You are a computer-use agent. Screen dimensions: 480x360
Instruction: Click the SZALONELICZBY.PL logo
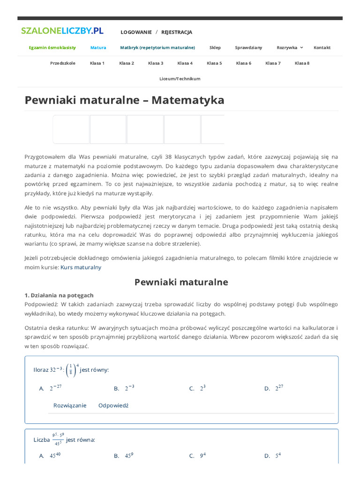tap(62, 31)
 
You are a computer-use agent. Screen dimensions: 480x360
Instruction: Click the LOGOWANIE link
tap(136, 32)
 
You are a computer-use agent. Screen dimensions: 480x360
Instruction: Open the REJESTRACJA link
tap(177, 32)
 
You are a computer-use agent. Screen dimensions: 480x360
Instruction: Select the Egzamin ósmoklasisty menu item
tap(52, 48)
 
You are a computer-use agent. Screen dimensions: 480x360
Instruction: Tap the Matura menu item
tap(98, 48)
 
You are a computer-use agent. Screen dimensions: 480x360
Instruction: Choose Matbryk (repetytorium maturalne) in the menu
tap(157, 48)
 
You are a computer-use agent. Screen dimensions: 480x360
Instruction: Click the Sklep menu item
tap(215, 48)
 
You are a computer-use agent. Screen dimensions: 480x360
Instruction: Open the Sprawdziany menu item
tap(248, 48)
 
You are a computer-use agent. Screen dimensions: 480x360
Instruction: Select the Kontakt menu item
tap(322, 48)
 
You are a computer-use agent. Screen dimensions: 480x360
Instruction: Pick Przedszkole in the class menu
tap(62, 63)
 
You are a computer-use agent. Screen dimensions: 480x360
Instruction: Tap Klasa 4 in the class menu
tap(185, 63)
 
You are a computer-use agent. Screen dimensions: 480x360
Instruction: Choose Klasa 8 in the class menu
tap(302, 63)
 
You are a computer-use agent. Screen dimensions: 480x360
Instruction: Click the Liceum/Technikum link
tap(180, 79)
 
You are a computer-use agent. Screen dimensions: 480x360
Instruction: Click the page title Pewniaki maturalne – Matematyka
tap(124, 100)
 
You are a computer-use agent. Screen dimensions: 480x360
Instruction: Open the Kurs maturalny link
tap(81, 267)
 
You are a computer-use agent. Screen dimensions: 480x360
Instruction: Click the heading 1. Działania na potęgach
tap(59, 295)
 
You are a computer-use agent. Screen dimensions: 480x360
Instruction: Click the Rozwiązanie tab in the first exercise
tap(70, 405)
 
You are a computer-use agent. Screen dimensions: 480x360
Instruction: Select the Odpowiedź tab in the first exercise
tap(113, 405)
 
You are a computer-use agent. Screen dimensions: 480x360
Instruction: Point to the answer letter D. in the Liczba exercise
tap(267, 456)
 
